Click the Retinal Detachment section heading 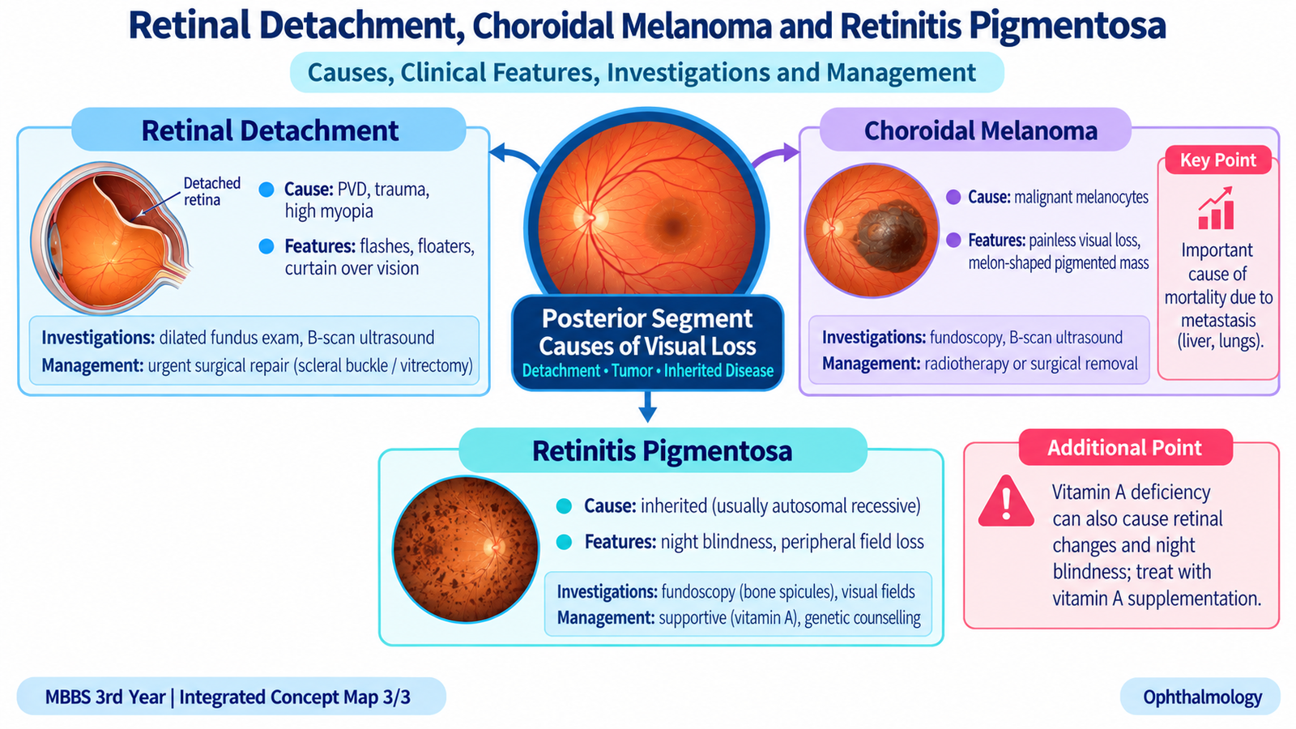(x=270, y=130)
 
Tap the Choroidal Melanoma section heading (x=981, y=130)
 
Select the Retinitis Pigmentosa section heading (x=662, y=450)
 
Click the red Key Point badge (x=1218, y=160)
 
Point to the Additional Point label (x=1125, y=447)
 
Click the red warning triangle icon (x=1006, y=501)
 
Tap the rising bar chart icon (x=1216, y=207)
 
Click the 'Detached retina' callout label (x=211, y=191)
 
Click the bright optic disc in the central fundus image (x=590, y=218)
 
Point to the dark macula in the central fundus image (x=673, y=226)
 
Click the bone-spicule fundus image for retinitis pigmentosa (x=466, y=549)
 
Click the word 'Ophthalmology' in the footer (x=1202, y=697)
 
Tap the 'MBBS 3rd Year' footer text (x=105, y=697)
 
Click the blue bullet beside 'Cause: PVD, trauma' (x=266, y=190)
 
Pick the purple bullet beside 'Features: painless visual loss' (x=953, y=240)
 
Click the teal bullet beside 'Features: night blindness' (x=564, y=542)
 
